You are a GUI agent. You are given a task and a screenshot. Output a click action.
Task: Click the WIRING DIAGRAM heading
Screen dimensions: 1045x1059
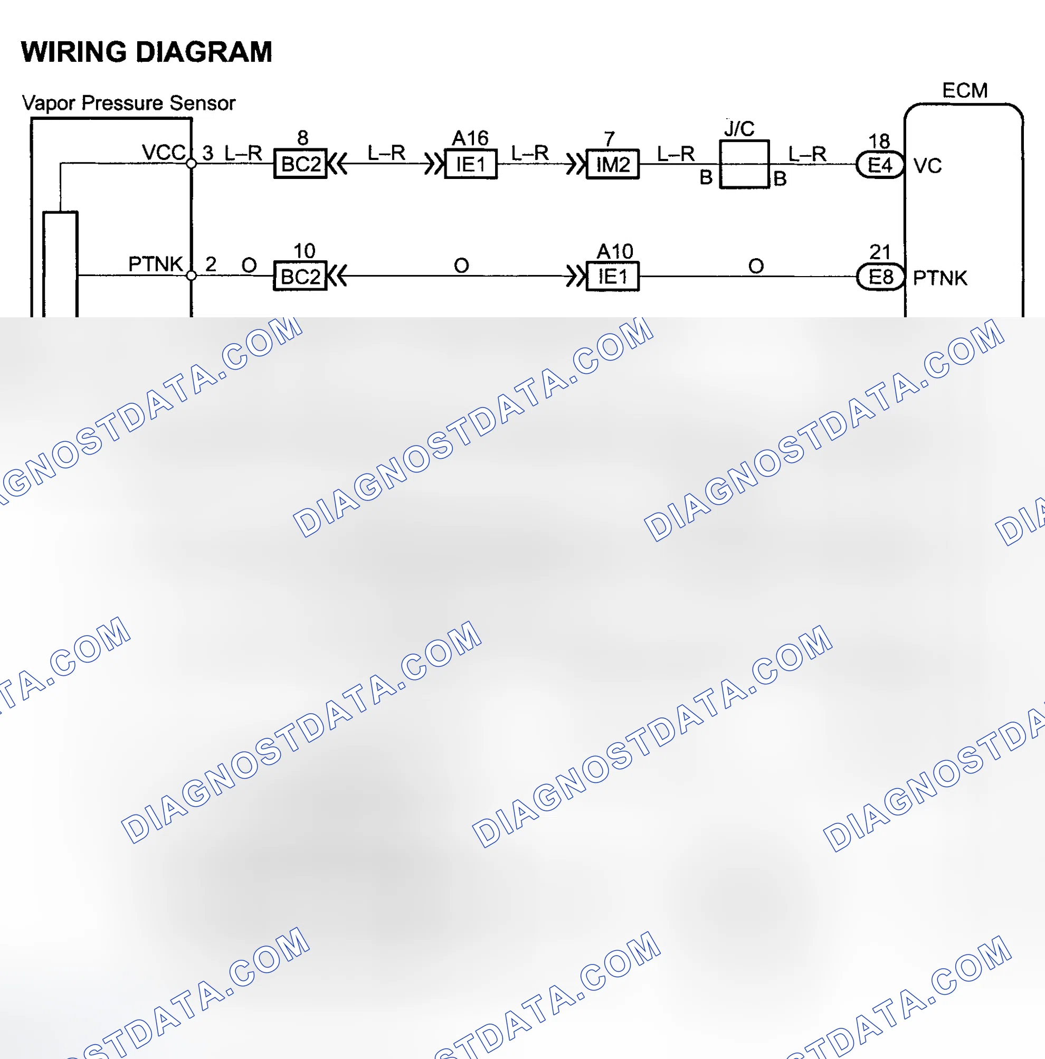pyautogui.click(x=146, y=52)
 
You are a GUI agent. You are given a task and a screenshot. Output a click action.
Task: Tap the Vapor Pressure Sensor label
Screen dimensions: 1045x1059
pyautogui.click(x=128, y=103)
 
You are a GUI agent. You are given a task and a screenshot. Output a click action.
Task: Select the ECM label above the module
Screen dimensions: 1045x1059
pyautogui.click(x=964, y=90)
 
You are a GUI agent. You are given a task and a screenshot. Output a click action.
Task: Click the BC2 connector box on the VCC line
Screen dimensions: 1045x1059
pyautogui.click(x=300, y=163)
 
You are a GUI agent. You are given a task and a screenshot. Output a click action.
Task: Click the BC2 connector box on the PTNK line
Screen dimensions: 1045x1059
pyautogui.click(x=300, y=276)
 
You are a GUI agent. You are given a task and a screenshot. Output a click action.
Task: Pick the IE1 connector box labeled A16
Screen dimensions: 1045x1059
pyautogui.click(x=471, y=164)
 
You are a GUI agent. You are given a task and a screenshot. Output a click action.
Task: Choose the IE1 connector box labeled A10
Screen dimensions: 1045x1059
pyautogui.click(x=613, y=276)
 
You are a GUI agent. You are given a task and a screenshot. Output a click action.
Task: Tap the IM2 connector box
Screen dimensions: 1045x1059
pyautogui.click(x=613, y=164)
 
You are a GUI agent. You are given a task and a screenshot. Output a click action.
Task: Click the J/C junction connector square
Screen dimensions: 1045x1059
pyautogui.click(x=744, y=164)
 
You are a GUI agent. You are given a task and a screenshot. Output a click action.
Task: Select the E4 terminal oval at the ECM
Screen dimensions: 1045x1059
pyautogui.click(x=879, y=164)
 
